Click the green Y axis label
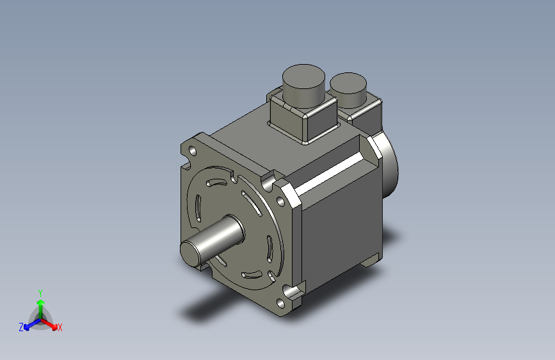(40, 292)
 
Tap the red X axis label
(60, 327)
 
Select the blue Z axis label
(21, 327)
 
